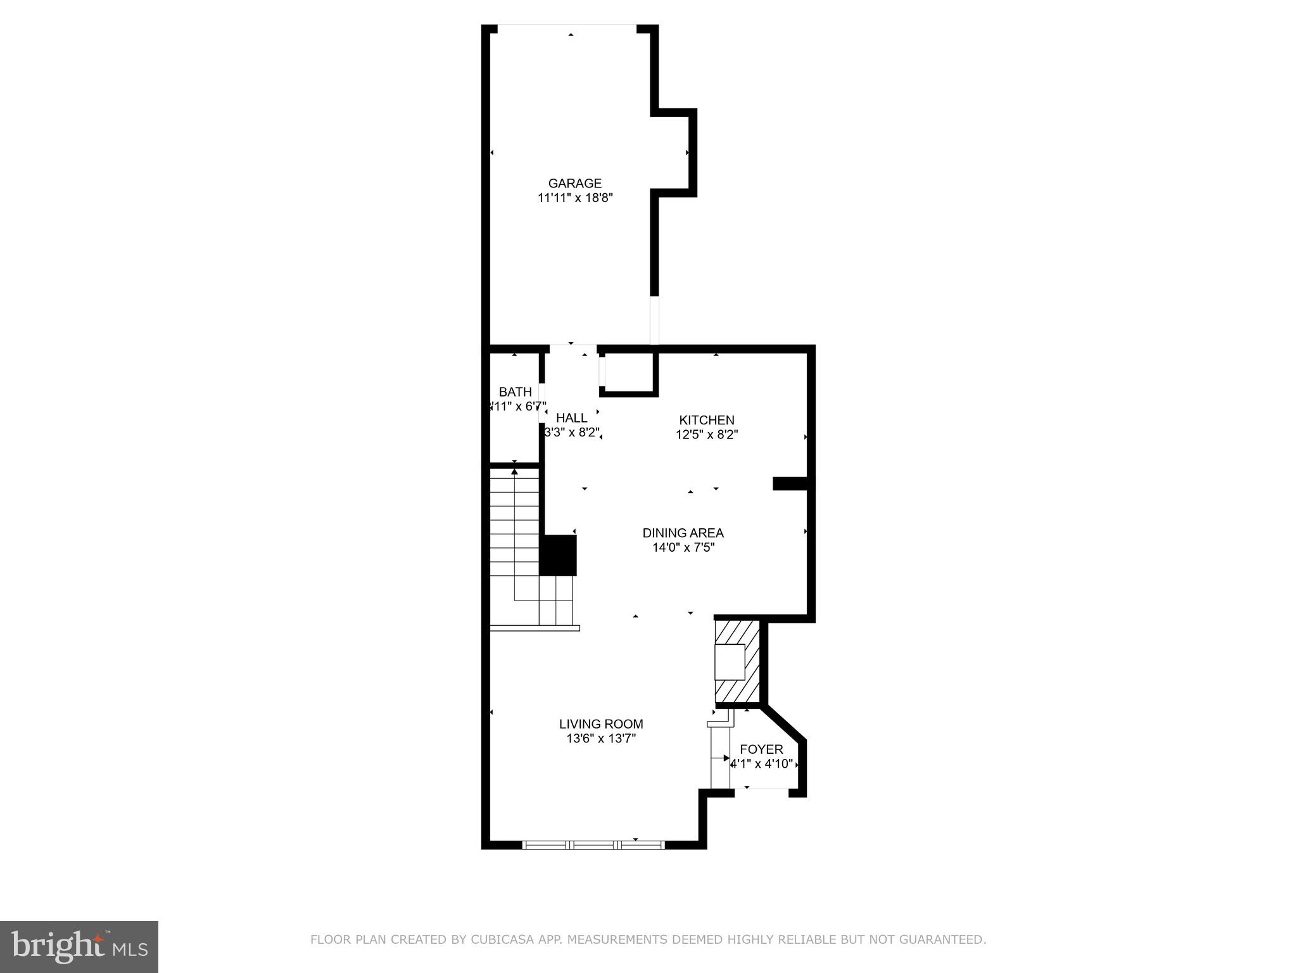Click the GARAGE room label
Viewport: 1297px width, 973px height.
(574, 184)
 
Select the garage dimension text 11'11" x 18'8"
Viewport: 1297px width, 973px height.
(575, 198)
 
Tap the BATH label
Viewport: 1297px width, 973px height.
(515, 392)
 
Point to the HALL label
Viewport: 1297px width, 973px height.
(571, 418)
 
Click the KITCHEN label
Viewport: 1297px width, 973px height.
(706, 420)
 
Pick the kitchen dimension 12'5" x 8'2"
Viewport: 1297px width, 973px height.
(706, 435)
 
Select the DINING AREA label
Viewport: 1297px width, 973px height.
(683, 533)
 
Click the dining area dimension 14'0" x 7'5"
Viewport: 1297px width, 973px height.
(683, 548)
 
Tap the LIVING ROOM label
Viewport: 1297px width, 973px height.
(601, 724)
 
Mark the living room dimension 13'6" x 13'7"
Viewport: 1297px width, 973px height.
(601, 739)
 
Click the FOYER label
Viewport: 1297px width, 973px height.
(761, 749)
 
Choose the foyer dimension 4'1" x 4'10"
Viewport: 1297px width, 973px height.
(761, 765)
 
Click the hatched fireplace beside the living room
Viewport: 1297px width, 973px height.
(738, 662)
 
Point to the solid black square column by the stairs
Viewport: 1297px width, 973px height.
(558, 556)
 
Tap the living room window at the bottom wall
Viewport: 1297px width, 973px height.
(593, 844)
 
